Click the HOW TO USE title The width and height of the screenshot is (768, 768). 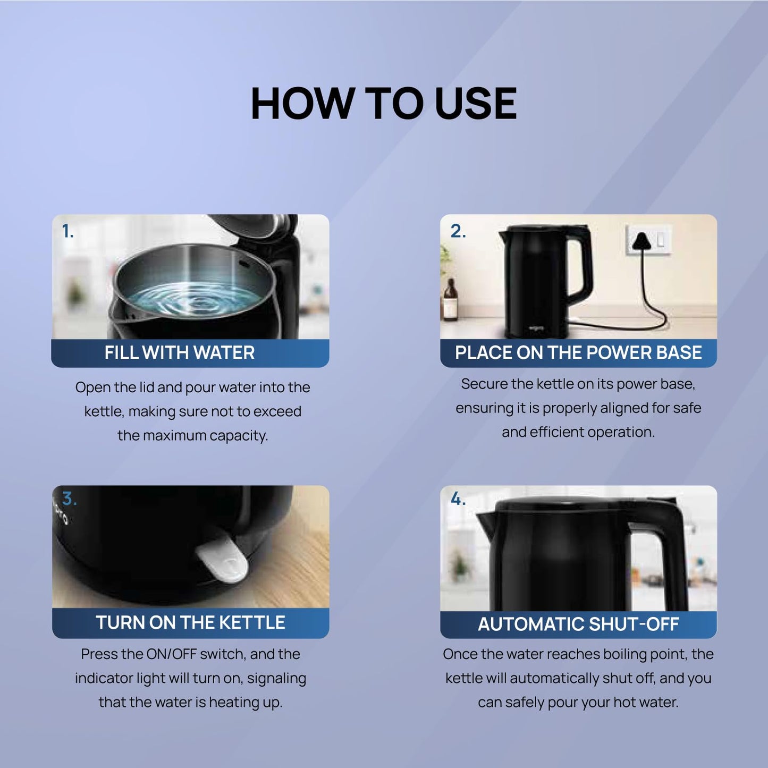(383, 103)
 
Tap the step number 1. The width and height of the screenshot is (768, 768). (67, 231)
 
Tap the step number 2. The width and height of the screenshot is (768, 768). (458, 231)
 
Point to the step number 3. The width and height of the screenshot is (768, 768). (69, 499)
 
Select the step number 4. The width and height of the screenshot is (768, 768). (458, 499)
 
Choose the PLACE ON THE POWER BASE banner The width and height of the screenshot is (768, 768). (578, 353)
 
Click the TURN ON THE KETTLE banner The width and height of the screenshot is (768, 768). (190, 622)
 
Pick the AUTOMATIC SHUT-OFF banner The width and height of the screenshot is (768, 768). (578, 624)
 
